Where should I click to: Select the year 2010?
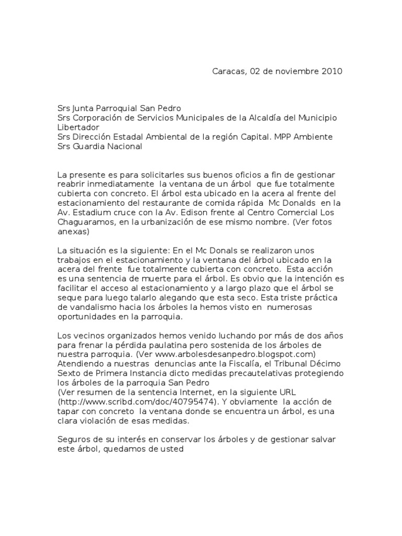point(331,71)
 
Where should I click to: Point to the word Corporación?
point(98,118)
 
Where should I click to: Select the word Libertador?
point(78,127)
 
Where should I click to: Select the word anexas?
point(73,231)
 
